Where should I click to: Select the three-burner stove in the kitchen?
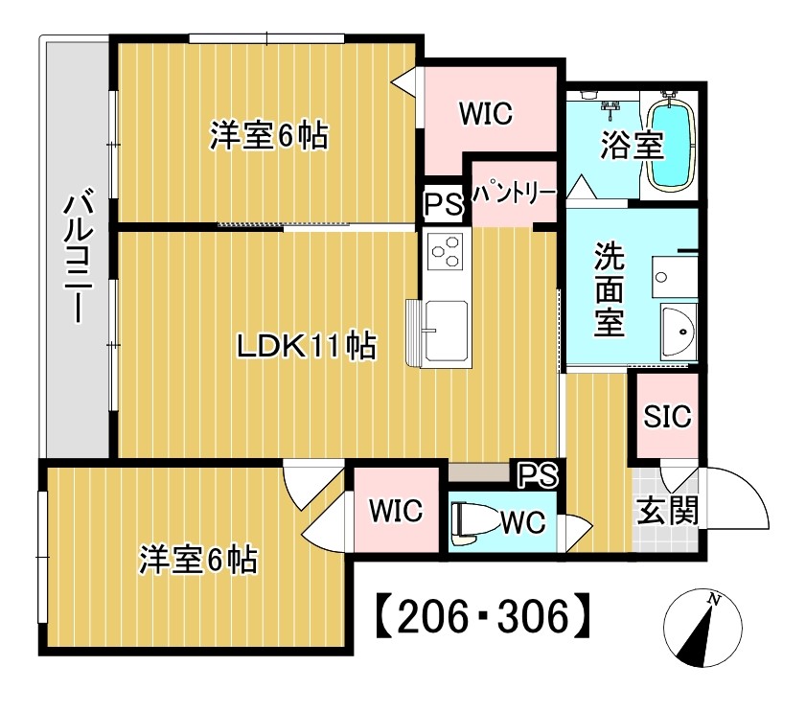point(446,252)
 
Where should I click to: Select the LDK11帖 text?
point(306,346)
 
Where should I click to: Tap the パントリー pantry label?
point(513,192)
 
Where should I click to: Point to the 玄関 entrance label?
point(666,512)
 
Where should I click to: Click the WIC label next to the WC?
point(397,511)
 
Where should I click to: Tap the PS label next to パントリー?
point(443,204)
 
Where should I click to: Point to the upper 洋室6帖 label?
point(269,136)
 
